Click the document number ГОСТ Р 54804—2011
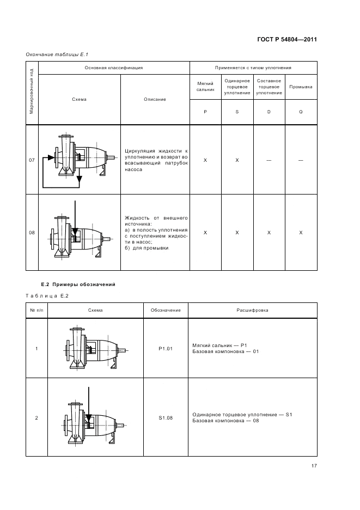click(x=286, y=39)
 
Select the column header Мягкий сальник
click(x=205, y=87)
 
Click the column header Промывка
click(x=301, y=87)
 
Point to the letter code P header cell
click(x=205, y=111)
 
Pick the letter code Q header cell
click(x=301, y=111)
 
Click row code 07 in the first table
click(x=32, y=160)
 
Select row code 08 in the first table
click(x=32, y=233)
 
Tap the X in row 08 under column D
click(x=269, y=233)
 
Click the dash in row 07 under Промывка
click(x=301, y=160)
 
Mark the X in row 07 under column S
click(x=237, y=160)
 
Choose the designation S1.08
click(x=165, y=418)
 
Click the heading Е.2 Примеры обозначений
click(x=78, y=284)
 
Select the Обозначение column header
click(x=165, y=310)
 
